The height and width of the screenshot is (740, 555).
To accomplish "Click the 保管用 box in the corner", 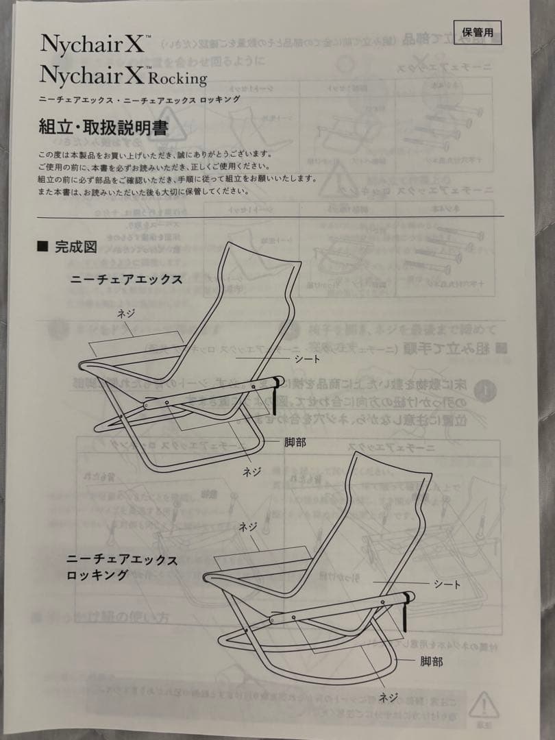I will [x=481, y=32].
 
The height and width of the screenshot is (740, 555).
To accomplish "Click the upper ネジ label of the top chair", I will [x=126, y=312].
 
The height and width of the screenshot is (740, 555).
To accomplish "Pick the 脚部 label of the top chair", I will [x=295, y=443].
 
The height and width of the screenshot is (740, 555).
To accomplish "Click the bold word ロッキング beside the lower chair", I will [x=97, y=575].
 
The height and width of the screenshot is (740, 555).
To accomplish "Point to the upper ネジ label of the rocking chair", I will [x=247, y=527].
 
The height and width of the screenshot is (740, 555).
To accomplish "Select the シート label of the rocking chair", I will [x=447, y=584].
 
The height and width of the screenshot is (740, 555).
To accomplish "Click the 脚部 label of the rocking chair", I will [x=431, y=661].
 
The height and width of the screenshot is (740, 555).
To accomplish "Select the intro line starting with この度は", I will [x=147, y=154].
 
